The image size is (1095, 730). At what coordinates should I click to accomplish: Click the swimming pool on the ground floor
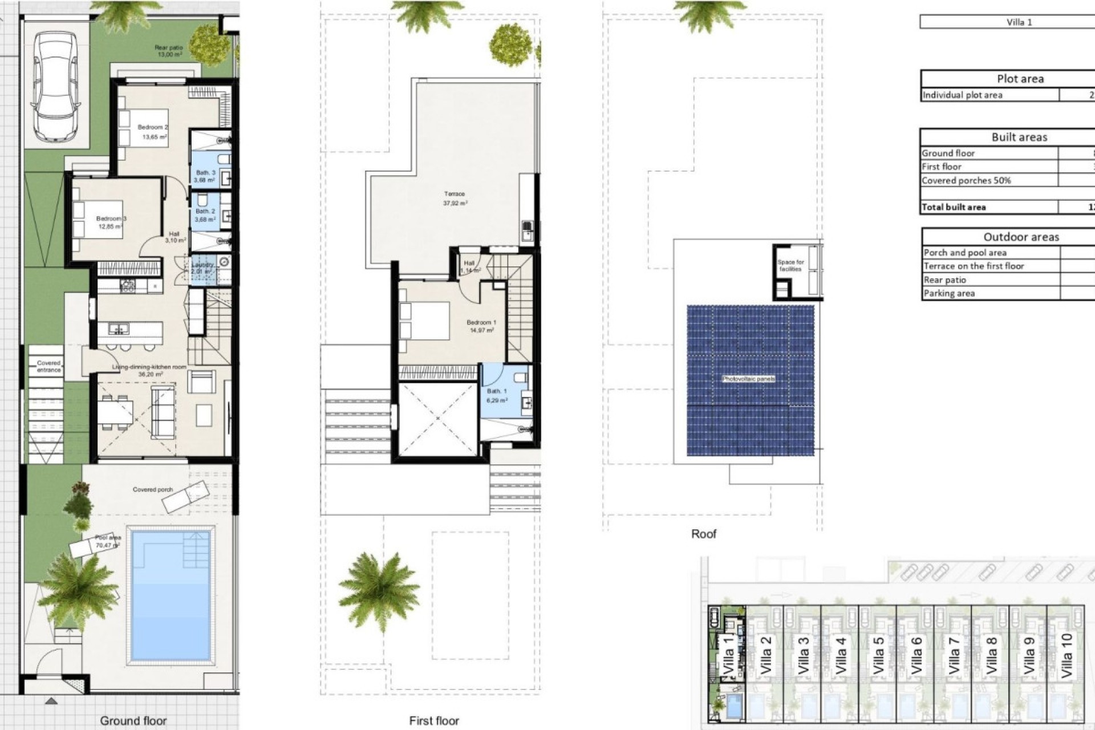(x=171, y=593)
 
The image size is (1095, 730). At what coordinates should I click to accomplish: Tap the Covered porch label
(x=153, y=489)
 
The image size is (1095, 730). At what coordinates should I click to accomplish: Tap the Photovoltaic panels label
(x=748, y=379)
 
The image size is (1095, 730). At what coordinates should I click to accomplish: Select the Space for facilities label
(x=790, y=265)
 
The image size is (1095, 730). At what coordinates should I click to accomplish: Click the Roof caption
(x=703, y=534)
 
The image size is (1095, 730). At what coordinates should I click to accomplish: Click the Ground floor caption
(x=133, y=720)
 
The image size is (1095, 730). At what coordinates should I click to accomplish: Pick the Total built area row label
(x=954, y=207)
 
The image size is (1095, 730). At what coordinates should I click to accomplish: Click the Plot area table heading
(x=1020, y=79)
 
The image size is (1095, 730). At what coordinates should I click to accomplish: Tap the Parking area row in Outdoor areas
(x=949, y=293)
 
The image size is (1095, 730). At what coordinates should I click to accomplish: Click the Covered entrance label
(x=49, y=366)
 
